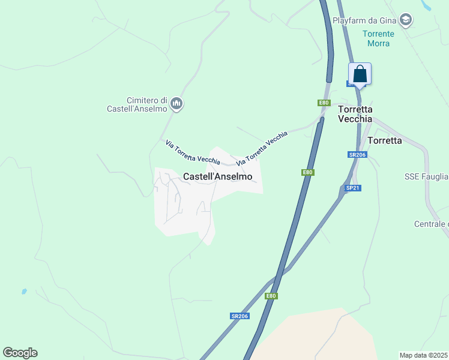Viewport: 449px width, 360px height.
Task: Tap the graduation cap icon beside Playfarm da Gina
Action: pyautogui.click(x=406, y=20)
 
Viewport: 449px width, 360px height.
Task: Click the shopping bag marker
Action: pyautogui.click(x=360, y=74)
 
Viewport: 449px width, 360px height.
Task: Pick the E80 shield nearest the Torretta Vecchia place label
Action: pyautogui.click(x=324, y=103)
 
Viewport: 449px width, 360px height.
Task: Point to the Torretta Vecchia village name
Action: pyautogui.click(x=355, y=114)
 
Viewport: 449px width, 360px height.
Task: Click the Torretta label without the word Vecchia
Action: pyautogui.click(x=384, y=140)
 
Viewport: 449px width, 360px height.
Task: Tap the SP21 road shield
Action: pyautogui.click(x=352, y=188)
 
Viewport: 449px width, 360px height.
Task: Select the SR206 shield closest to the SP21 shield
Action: pyautogui.click(x=357, y=155)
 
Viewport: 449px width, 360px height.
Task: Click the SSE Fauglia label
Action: pyautogui.click(x=426, y=176)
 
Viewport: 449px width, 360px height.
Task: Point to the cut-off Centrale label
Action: pyautogui.click(x=431, y=224)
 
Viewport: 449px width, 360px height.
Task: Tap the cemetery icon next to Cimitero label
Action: pyautogui.click(x=176, y=104)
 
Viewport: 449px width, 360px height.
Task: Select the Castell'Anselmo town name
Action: pyautogui.click(x=217, y=176)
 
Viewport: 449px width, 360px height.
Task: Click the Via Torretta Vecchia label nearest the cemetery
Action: pyautogui.click(x=193, y=151)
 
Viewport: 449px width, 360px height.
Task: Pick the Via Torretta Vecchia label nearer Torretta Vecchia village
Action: pyautogui.click(x=262, y=148)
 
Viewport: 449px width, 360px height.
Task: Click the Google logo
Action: pyautogui.click(x=20, y=353)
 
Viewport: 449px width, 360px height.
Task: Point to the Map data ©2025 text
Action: pyautogui.click(x=424, y=355)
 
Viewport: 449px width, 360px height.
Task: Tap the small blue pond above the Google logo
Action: pyautogui.click(x=24, y=292)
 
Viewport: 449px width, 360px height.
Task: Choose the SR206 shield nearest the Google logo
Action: pyautogui.click(x=239, y=316)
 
